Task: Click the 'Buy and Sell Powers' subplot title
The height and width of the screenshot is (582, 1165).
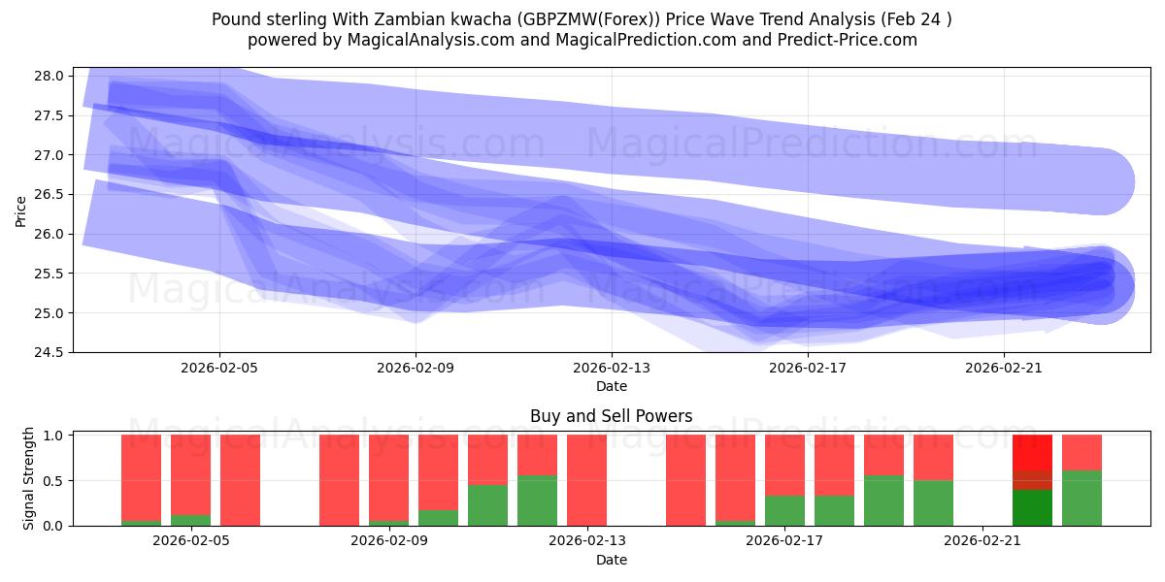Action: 611,416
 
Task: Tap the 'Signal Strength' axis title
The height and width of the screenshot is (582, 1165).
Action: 29,478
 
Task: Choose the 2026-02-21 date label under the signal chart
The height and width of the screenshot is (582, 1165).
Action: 982,540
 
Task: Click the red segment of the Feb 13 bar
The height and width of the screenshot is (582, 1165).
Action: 586,480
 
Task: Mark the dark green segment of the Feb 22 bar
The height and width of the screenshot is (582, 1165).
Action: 1032,507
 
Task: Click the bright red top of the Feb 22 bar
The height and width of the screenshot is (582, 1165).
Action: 1032,452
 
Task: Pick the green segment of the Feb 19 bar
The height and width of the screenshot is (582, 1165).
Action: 883,501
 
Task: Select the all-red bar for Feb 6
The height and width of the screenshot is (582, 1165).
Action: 240,480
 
